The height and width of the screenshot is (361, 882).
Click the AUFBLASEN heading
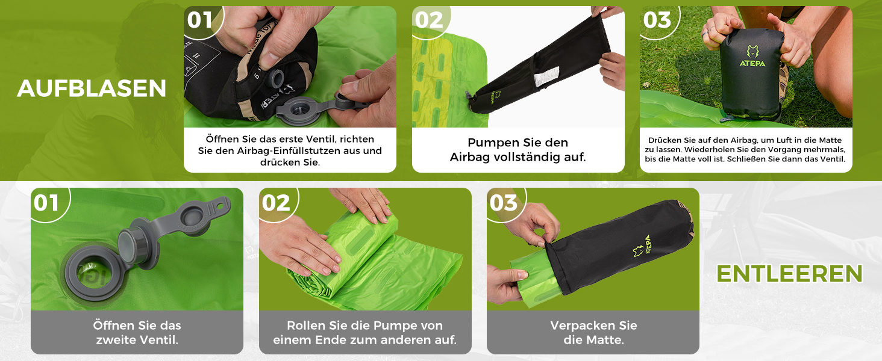(92, 88)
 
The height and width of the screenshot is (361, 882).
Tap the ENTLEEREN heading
(789, 274)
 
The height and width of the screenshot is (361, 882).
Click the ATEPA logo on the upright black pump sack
(752, 57)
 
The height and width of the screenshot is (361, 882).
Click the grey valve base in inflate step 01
(302, 111)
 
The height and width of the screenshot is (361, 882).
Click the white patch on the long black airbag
(546, 77)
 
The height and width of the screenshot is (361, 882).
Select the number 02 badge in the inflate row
(430, 20)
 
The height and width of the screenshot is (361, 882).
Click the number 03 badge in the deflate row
(504, 203)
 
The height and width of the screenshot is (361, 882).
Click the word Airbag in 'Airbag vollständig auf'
(470, 157)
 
